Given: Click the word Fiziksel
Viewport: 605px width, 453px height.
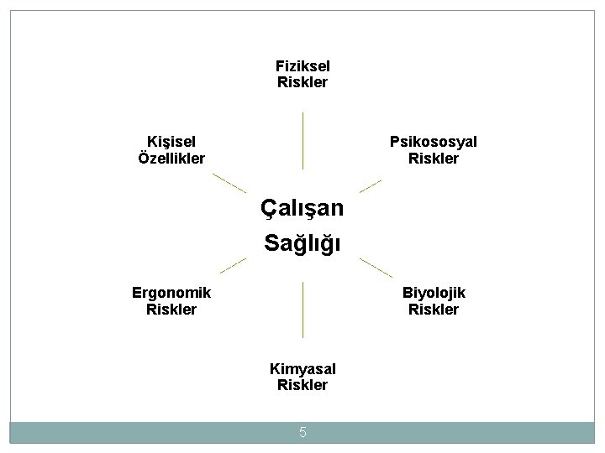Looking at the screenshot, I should click(302, 65).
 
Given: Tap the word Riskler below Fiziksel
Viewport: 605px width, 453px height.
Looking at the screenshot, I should click(302, 82).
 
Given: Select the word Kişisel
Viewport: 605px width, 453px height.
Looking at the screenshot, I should click(171, 142).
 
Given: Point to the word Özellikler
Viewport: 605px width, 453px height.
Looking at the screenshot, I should click(171, 159).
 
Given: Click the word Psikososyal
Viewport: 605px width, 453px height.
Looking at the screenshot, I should click(433, 142).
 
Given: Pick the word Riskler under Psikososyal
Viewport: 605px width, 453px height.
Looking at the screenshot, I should click(433, 159).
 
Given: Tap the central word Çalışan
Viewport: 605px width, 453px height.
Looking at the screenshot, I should click(302, 208).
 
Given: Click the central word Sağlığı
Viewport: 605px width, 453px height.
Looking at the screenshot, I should click(302, 243).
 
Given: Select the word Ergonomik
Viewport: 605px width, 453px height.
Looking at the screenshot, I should click(171, 293).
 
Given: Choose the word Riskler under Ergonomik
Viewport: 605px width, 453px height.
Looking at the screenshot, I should click(171, 310).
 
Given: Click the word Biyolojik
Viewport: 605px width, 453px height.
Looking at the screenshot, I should click(434, 293).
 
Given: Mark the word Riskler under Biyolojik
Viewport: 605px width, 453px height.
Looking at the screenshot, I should click(434, 310).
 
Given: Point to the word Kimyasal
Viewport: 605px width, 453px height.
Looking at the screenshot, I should click(302, 369).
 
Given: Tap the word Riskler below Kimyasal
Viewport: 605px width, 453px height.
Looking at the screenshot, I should click(302, 386).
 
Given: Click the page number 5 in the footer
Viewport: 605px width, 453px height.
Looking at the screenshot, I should click(302, 433).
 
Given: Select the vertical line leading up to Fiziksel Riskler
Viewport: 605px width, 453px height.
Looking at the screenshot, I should click(302, 141).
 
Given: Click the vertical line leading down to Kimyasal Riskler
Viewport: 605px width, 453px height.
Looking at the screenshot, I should click(302, 309).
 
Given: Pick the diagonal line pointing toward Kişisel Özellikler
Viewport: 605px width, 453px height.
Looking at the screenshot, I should click(229, 183).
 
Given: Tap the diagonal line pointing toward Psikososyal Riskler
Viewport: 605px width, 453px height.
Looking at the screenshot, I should click(370, 185).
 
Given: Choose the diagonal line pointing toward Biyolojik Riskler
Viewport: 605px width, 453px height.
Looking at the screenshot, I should click(376, 268).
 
